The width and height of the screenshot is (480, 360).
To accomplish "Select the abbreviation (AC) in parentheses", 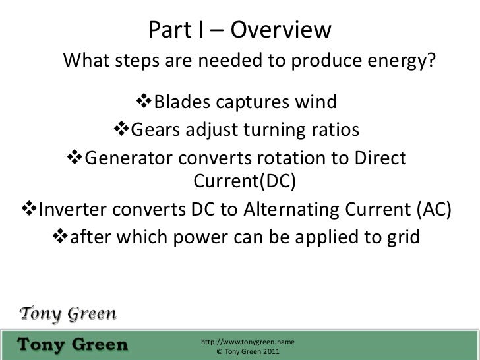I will tap(435, 209).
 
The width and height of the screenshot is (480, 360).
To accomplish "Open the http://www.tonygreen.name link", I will tap(247, 343).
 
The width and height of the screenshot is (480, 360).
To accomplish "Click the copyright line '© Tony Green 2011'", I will tap(247, 353).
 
